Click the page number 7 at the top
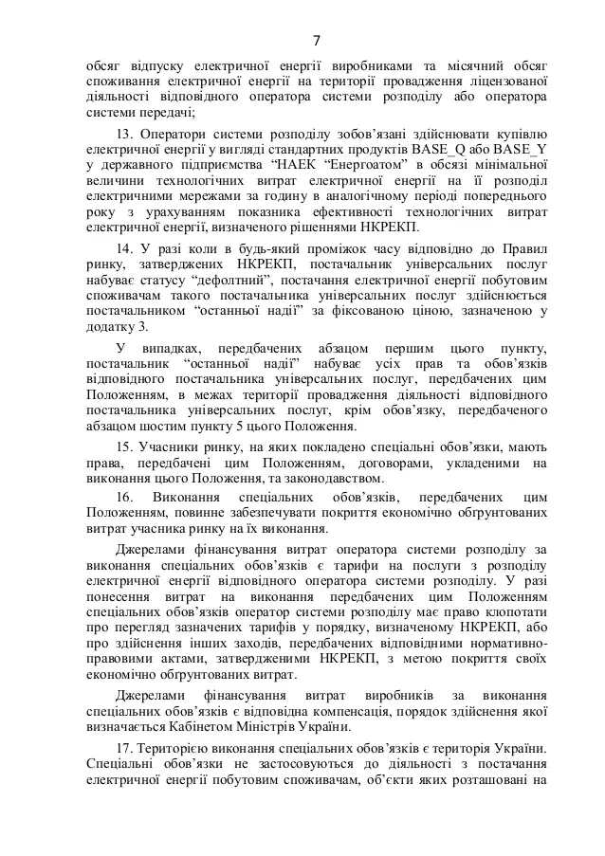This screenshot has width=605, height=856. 316,40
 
